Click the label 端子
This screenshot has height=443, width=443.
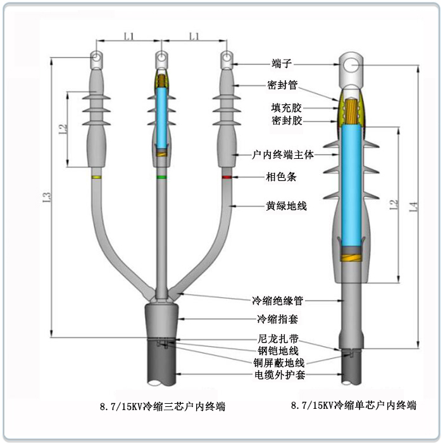click(281, 63)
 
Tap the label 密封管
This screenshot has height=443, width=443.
click(282, 85)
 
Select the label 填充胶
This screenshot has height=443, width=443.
click(286, 108)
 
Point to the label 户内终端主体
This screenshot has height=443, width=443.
click(283, 154)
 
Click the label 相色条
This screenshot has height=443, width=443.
click(281, 177)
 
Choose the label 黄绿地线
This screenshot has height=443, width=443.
click(286, 206)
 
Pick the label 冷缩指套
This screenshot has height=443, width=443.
click(277, 319)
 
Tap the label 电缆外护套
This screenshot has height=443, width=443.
click(280, 375)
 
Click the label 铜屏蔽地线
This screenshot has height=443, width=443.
click(279, 363)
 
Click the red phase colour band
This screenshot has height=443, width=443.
click(227, 177)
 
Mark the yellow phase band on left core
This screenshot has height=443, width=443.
click(96, 177)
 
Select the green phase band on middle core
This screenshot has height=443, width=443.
click(161, 177)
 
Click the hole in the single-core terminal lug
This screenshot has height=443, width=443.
click(351, 66)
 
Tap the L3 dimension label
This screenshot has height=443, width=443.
click(47, 197)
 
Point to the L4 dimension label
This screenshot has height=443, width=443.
click(413, 206)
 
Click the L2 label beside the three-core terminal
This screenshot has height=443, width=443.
click(63, 129)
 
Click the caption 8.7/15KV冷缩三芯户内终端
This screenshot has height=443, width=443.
click(163, 406)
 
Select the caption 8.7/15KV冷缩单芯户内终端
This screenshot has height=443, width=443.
click(354, 406)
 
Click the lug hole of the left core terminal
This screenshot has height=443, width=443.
click(96, 57)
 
